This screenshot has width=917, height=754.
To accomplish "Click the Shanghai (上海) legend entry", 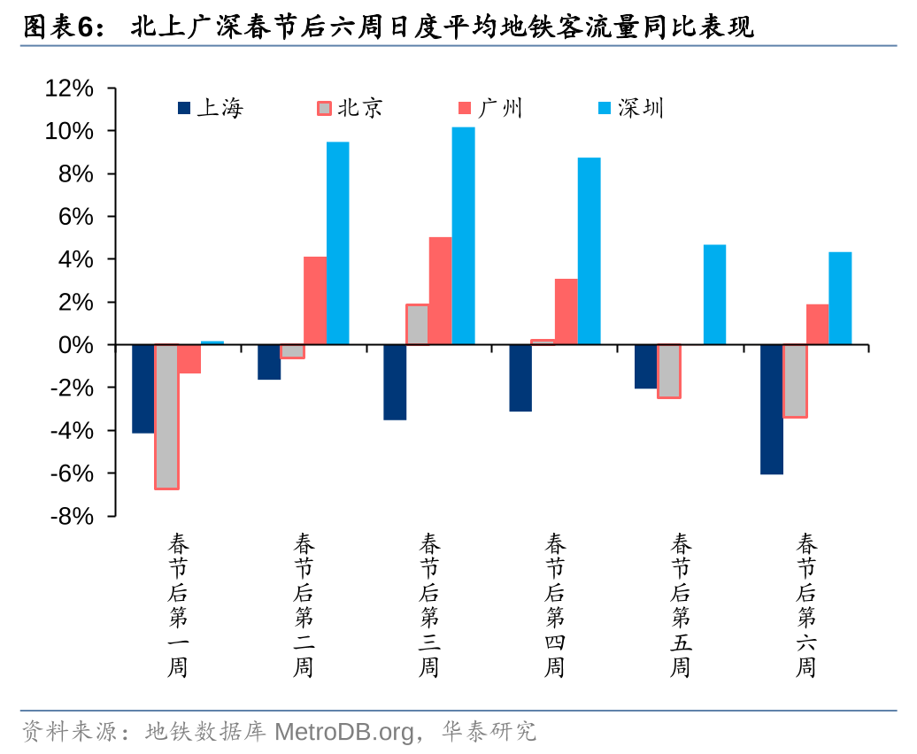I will point(211,108).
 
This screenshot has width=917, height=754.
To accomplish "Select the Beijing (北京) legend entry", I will point(351,108).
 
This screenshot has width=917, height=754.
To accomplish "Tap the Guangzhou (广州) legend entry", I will point(490,108).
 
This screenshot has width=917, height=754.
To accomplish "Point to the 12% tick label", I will point(69,88).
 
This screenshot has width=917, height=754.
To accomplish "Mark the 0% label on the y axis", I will point(75,345).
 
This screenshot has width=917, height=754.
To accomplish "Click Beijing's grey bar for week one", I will point(166,416).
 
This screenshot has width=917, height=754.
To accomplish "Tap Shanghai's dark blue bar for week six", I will point(772,409).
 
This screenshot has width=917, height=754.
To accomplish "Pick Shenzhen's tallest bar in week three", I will point(463,235).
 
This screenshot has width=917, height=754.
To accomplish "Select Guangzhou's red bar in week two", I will point(315,300).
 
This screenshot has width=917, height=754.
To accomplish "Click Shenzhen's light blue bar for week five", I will point(714,295).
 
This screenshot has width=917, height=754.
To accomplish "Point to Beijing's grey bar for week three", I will point(417,324).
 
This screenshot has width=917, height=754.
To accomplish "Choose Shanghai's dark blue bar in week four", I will point(520,378).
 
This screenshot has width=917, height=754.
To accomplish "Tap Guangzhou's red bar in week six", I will point(817,324).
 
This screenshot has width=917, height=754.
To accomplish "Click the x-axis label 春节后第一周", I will point(178,604).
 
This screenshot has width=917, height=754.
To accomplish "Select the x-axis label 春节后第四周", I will point(555,604).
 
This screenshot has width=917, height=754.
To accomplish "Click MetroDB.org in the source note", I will point(343,732).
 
